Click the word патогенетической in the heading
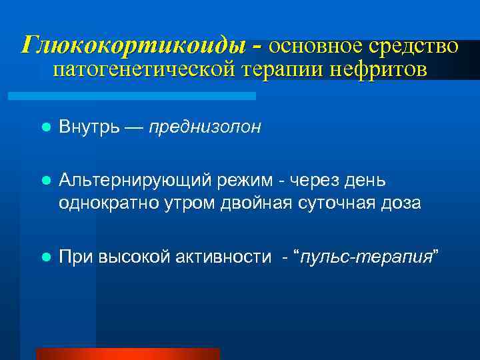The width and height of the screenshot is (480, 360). click(142, 69)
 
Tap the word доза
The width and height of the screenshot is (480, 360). click(399, 203)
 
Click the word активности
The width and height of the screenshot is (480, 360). click(227, 255)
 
